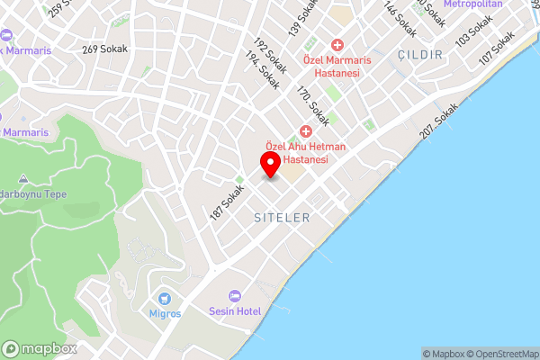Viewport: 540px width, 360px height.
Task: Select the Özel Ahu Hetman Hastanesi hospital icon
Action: [x=306, y=132]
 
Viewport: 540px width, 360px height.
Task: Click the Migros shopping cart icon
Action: [x=165, y=299]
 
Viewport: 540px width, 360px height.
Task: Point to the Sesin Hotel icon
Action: [x=236, y=296]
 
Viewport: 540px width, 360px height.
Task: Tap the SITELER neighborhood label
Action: [x=282, y=218]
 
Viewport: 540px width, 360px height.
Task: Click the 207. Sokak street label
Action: [x=439, y=120]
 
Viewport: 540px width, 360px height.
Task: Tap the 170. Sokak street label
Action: [x=314, y=104]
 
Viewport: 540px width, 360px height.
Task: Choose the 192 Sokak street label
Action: [x=271, y=55]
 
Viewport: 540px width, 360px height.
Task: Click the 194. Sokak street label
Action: [x=262, y=70]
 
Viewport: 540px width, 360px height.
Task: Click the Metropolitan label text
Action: [x=472, y=4]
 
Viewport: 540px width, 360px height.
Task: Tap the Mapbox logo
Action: [x=39, y=348]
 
